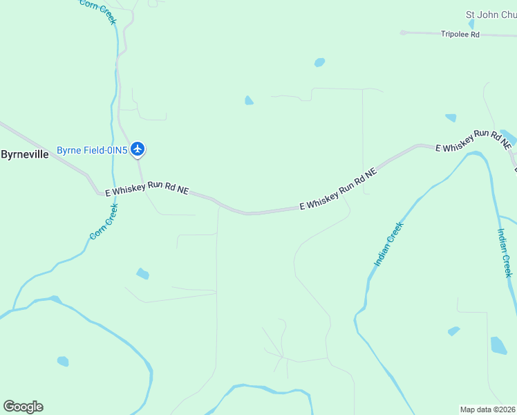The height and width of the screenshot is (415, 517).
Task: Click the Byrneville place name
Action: [25, 154]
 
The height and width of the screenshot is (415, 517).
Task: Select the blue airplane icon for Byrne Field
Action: [138, 149]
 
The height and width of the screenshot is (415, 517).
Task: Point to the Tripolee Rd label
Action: [460, 34]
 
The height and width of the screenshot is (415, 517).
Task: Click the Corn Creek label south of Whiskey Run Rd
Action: [104, 221]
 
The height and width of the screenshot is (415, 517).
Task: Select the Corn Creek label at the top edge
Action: [98, 8]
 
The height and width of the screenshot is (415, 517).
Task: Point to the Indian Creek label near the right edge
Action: [505, 253]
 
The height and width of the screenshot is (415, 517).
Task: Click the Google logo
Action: [23, 407]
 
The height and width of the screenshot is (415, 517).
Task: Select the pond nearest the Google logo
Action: [63, 361]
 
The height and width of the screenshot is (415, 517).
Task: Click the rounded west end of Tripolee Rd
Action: [403, 32]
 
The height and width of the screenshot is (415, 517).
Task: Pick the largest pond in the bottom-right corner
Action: [498, 345]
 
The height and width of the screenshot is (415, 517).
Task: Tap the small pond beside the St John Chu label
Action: [471, 24]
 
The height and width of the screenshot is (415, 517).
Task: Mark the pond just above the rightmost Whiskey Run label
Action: [451, 118]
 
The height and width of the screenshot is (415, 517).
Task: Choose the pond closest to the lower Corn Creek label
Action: [142, 273]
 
